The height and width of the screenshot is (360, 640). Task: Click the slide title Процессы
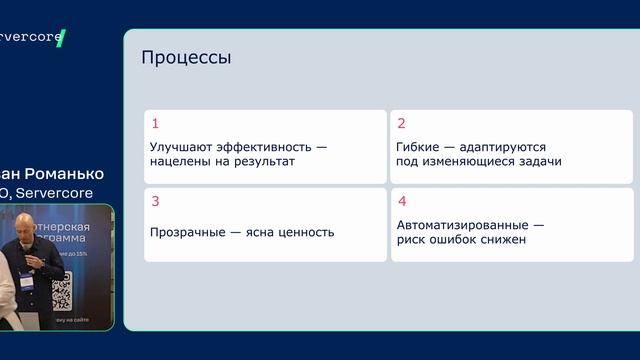point(186,58)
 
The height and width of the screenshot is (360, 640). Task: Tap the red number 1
point(155,124)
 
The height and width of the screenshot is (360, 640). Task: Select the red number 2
point(401,124)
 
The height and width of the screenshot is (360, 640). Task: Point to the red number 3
point(155,201)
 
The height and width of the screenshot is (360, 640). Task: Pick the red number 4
point(401,201)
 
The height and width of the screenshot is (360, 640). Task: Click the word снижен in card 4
point(505,240)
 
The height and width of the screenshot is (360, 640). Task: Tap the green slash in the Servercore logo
point(61,39)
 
